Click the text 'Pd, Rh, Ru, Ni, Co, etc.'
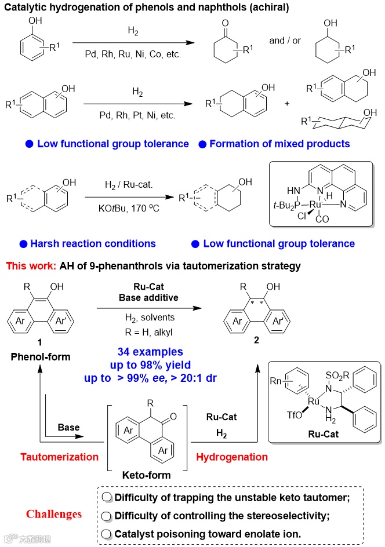point(133,54)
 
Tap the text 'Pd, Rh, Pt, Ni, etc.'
point(137,115)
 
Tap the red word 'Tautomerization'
point(60,457)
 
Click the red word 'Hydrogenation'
point(233,457)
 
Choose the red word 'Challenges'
point(53,514)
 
